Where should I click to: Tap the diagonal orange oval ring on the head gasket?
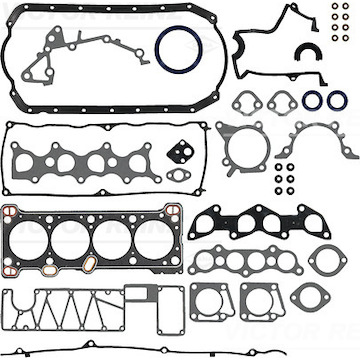pos(88,264)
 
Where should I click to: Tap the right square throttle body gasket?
pos(258,297)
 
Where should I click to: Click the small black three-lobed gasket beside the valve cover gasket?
pos(181,153)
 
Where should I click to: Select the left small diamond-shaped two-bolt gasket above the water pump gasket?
pos(243,102)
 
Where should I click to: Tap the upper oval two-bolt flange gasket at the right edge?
pos(325,259)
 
